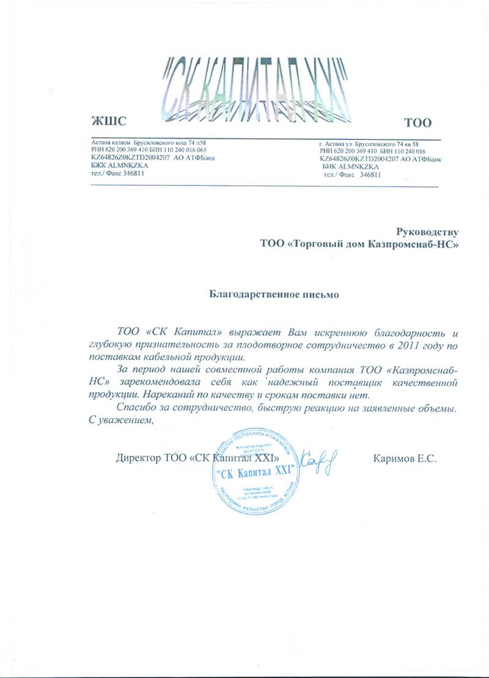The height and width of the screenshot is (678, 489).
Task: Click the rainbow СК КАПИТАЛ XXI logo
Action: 254,90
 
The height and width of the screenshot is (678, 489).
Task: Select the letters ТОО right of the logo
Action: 419,122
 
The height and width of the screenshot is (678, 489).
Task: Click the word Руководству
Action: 427,231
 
